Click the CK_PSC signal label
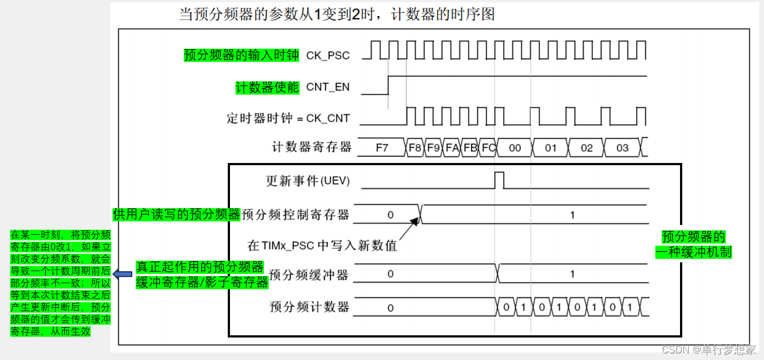(328, 55)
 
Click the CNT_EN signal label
(328, 87)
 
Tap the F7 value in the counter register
(381, 148)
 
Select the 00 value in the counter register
(515, 148)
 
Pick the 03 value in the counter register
(622, 148)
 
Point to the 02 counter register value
(587, 148)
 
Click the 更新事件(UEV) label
(307, 181)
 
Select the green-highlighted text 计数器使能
(267, 87)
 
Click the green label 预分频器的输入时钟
(241, 55)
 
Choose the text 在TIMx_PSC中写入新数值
(322, 245)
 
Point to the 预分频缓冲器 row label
(309, 275)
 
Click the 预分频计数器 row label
(309, 307)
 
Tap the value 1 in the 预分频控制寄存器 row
(572, 215)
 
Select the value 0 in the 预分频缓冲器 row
(390, 274)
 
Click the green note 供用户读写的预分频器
(177, 214)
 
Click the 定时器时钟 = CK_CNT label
(288, 118)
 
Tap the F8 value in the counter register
(415, 148)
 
